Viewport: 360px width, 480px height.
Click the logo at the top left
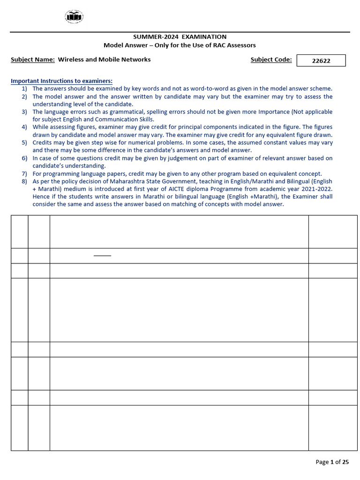pyautogui.click(x=74, y=17)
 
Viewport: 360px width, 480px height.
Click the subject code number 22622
pyautogui.click(x=321, y=60)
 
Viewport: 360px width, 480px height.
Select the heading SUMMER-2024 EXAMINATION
pyautogui.click(x=180, y=37)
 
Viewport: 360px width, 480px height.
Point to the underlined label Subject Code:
pyautogui.click(x=271, y=60)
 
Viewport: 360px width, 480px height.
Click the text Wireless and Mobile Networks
pyautogui.click(x=105, y=60)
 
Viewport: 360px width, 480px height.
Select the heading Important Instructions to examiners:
pyautogui.click(x=61, y=81)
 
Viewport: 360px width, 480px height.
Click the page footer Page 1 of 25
pyautogui.click(x=332, y=462)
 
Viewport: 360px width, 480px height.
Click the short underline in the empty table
pyautogui.click(x=102, y=256)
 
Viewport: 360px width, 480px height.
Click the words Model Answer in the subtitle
pyautogui.click(x=124, y=45)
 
